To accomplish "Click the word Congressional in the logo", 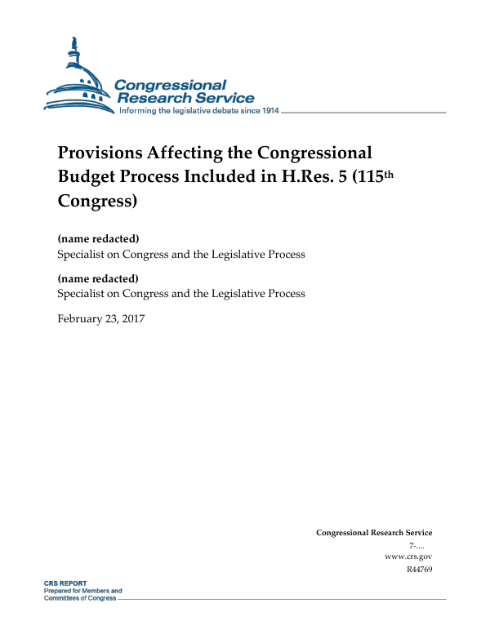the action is click(170, 85).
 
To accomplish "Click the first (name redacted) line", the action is click(98, 239).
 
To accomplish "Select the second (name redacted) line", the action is click(98, 278).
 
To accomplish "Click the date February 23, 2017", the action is click(100, 318).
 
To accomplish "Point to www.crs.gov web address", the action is click(408, 556).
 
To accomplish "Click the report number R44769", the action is click(419, 569).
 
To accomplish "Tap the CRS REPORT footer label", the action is click(65, 584).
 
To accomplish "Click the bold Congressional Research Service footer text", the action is click(374, 533).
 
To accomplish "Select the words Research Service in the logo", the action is click(187, 98).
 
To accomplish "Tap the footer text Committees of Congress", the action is click(79, 598).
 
